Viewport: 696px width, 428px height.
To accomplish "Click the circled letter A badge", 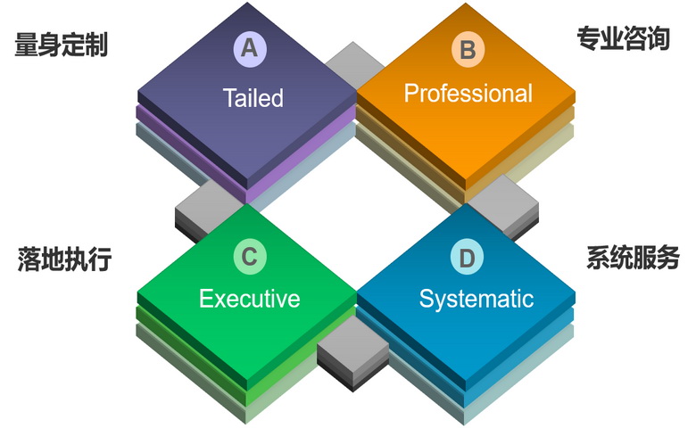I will (249, 48).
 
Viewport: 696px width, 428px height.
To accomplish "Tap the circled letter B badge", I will (467, 50).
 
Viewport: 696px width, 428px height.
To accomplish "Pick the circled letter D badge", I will (467, 259).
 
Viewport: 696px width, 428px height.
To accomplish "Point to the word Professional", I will (468, 93).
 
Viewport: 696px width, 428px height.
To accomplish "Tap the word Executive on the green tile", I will (249, 298).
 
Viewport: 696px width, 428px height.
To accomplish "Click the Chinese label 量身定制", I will (62, 45).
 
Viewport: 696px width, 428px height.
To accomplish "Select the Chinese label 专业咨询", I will (623, 38).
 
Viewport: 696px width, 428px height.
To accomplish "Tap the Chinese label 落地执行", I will (64, 259).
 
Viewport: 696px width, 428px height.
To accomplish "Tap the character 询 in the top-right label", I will (658, 38).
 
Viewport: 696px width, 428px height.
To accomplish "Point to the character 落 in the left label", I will (29, 259).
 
